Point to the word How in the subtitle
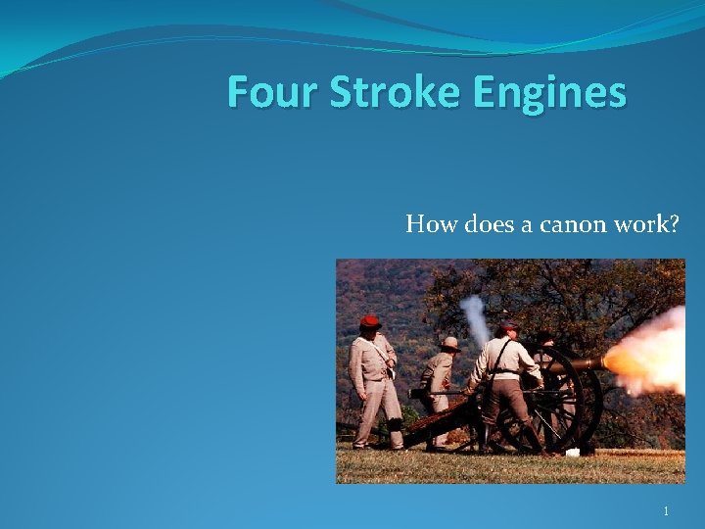(x=427, y=224)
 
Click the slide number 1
(x=666, y=510)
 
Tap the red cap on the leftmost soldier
(x=369, y=321)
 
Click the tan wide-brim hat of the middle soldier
(x=449, y=343)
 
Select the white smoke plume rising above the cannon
(x=476, y=318)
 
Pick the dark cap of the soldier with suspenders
(x=506, y=326)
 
